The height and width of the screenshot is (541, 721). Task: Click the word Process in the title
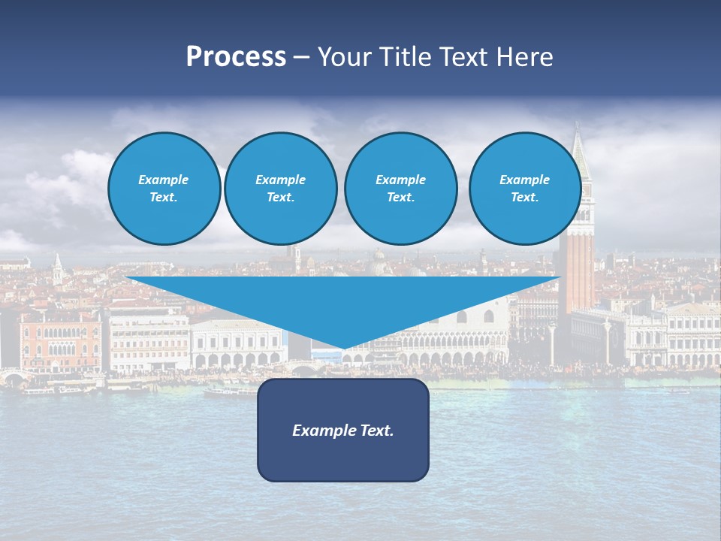coord(236,57)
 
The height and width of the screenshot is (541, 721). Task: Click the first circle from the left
coord(164,189)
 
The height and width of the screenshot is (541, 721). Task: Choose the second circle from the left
coord(280,189)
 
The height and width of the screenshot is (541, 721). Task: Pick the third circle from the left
coord(400,189)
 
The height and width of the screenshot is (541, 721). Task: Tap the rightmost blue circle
coord(524,189)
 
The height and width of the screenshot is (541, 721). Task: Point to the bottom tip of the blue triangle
coord(344,349)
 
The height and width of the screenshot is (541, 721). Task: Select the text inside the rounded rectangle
coord(342,431)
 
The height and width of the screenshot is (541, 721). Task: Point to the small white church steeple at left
coord(58,267)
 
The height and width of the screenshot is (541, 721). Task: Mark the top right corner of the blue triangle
coord(560,278)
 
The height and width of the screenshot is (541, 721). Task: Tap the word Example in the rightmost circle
coord(524,180)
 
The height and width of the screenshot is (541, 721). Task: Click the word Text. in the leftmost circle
coord(164,198)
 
